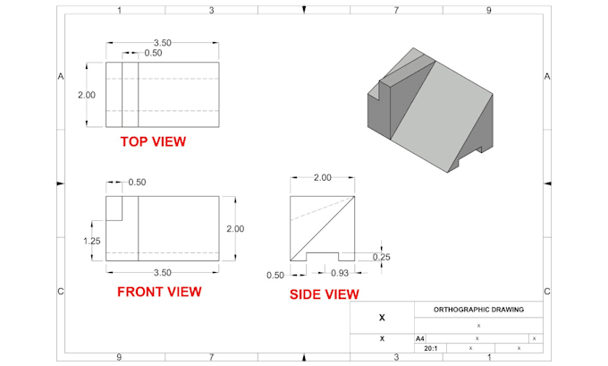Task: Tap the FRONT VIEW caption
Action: tap(159, 291)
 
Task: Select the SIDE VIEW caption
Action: tap(324, 294)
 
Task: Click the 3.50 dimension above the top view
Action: tap(163, 42)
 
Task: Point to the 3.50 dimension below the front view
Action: tap(163, 271)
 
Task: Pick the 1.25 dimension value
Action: tap(92, 241)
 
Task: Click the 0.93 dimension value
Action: tap(340, 273)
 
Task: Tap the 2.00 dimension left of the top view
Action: tap(86, 94)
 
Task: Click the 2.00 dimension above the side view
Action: tap(322, 177)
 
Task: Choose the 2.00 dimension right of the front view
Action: tap(235, 229)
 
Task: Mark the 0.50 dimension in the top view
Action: tap(153, 54)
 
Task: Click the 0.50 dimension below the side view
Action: tap(275, 275)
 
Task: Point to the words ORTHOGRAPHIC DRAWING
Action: tap(478, 310)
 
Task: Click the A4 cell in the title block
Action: tap(421, 338)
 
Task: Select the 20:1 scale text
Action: tap(430, 348)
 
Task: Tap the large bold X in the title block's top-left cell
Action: tap(382, 318)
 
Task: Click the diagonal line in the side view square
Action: tap(323, 227)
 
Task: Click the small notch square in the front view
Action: tap(114, 208)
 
